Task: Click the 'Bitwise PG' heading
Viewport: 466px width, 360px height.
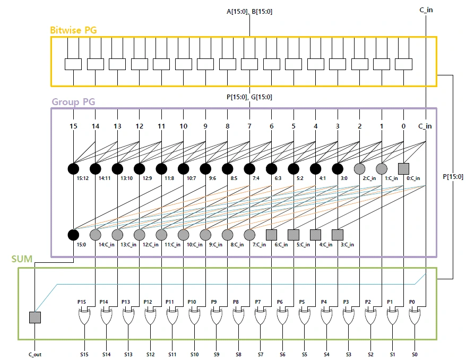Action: pyautogui.click(x=73, y=30)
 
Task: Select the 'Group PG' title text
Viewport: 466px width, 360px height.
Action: pyautogui.click(x=73, y=102)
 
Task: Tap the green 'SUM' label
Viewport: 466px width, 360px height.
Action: pyautogui.click(x=22, y=259)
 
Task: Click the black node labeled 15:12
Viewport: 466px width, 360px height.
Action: pyautogui.click(x=73, y=169)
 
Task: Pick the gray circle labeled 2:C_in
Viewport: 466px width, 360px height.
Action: pyautogui.click(x=360, y=169)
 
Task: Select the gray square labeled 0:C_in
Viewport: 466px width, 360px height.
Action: pyautogui.click(x=403, y=169)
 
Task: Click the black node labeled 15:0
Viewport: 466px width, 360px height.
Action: pyautogui.click(x=73, y=235)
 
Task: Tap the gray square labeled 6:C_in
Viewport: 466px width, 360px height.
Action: pyautogui.click(x=271, y=235)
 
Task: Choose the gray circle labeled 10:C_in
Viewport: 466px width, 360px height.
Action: pyautogui.click(x=183, y=235)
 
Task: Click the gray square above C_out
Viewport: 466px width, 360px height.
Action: pyautogui.click(x=35, y=318)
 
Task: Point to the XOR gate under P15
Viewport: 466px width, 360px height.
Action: pyautogui.click(x=84, y=317)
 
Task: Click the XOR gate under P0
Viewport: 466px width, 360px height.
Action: pyautogui.click(x=415, y=317)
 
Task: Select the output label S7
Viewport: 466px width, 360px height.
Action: pyautogui.click(x=261, y=354)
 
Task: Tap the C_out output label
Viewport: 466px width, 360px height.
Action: pyautogui.click(x=35, y=355)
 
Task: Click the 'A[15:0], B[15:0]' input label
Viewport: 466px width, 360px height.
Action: pyautogui.click(x=249, y=12)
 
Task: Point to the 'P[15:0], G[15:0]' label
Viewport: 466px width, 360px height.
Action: pyautogui.click(x=249, y=97)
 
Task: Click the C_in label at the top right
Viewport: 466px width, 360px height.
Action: pyautogui.click(x=426, y=10)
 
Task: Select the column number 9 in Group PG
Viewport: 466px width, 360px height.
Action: pyautogui.click(x=205, y=126)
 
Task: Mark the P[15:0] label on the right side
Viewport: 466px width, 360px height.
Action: pyautogui.click(x=453, y=177)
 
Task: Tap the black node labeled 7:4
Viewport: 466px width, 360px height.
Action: pyautogui.click(x=249, y=169)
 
